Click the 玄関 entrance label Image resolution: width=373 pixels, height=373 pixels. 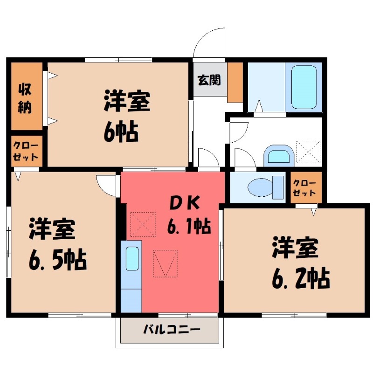[208, 80]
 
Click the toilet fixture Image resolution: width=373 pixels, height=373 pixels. [265, 187]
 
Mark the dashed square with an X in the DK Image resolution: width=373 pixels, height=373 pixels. [143, 224]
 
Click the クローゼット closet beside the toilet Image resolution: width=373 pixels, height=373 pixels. [305, 187]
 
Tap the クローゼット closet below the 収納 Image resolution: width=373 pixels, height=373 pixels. [26, 150]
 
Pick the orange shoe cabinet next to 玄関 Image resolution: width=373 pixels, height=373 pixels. [235, 81]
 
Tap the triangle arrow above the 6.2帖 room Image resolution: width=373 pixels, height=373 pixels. [314, 212]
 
